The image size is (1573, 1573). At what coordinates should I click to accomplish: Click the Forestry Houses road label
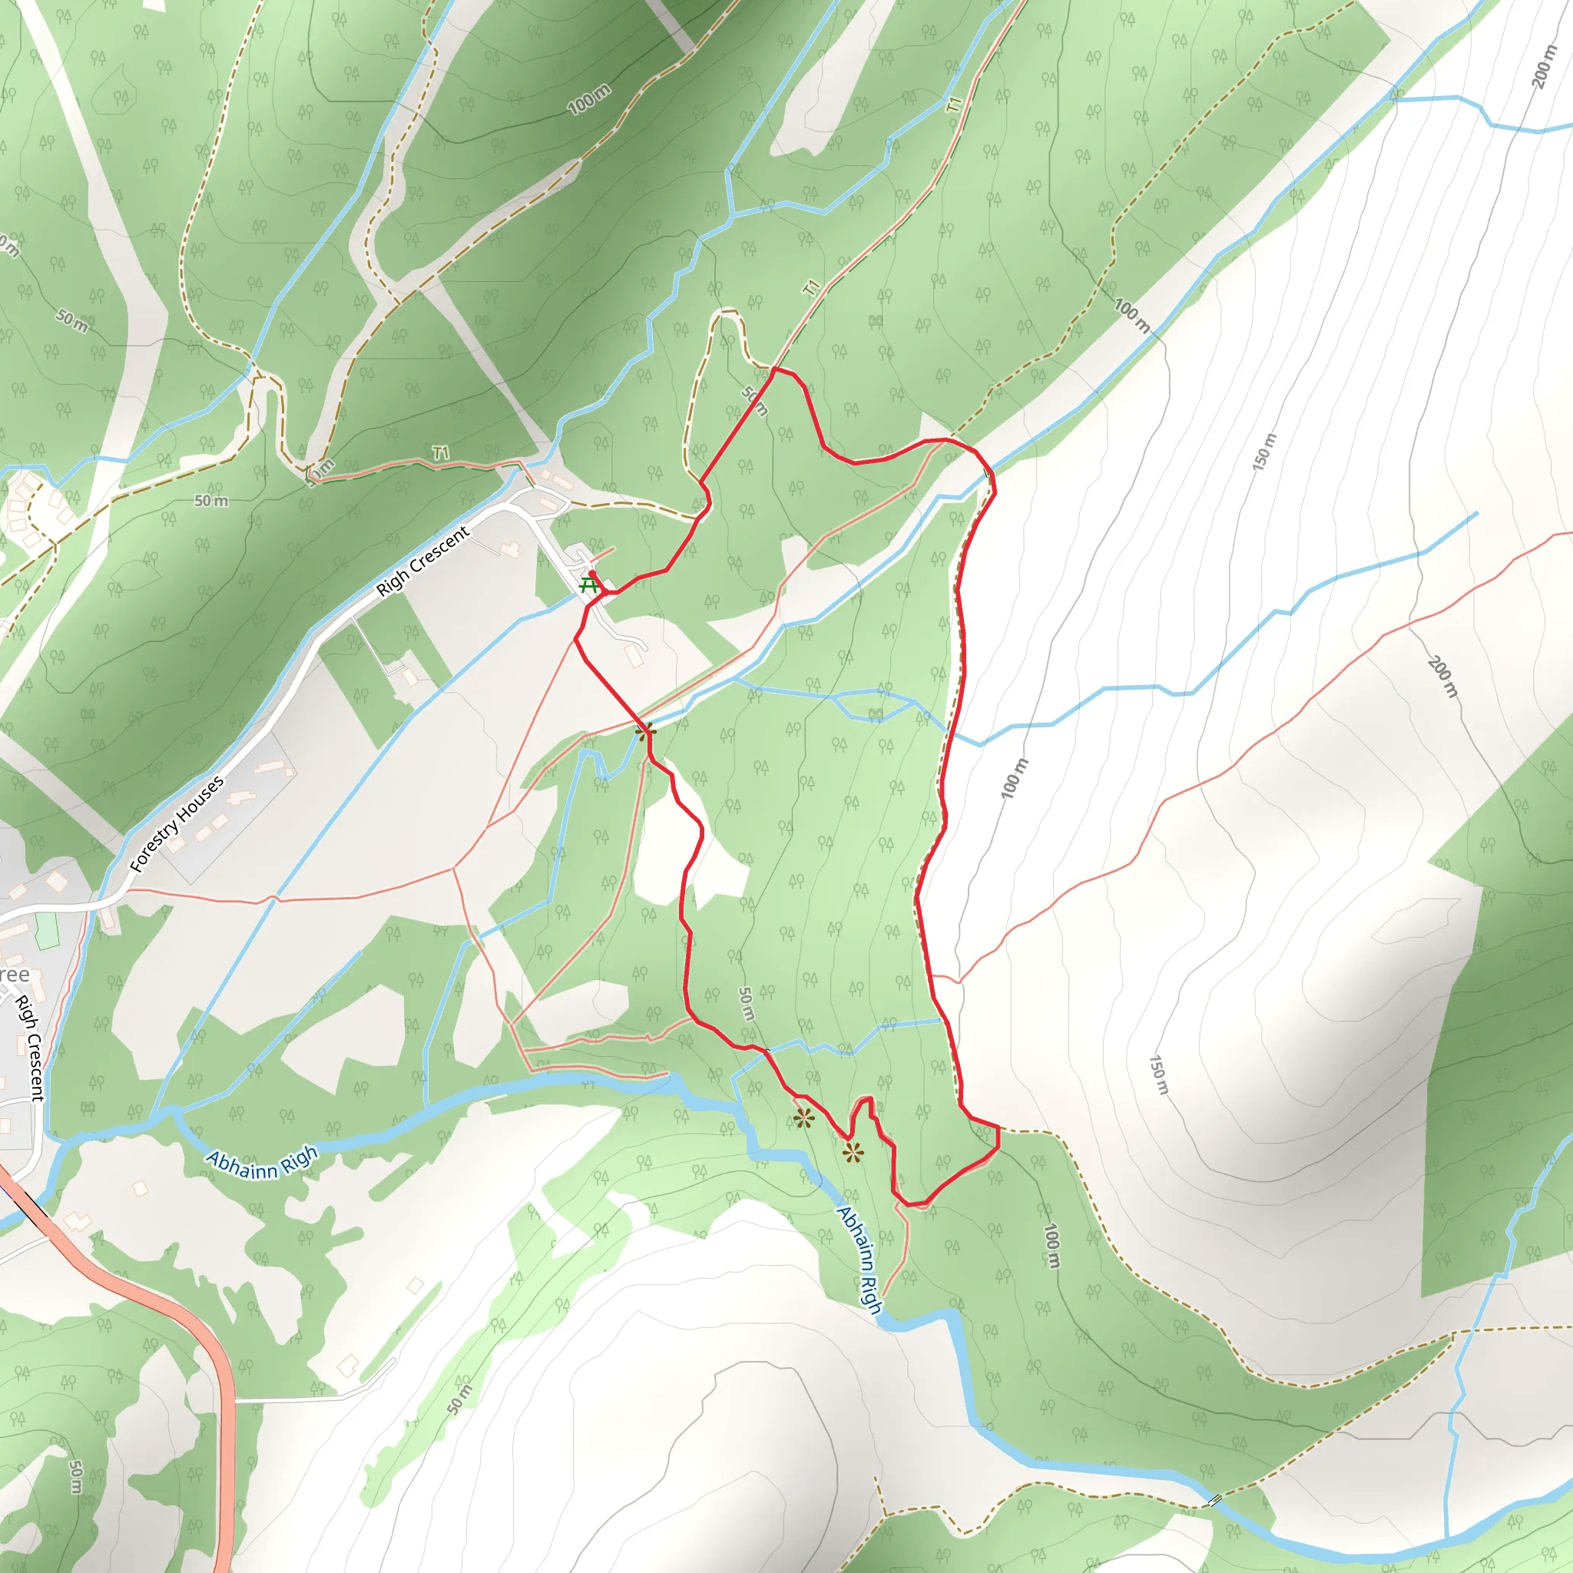177,823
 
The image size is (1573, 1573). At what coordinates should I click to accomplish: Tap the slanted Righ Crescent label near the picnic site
422,561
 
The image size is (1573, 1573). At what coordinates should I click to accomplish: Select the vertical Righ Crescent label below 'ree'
30,1048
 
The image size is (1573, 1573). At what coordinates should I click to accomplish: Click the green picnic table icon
588,584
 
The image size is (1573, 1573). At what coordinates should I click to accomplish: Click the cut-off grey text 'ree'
14,975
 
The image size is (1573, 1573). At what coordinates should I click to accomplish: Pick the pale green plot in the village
47,931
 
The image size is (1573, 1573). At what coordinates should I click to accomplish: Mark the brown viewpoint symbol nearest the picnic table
646,731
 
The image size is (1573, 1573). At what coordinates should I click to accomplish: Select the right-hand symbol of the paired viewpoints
853,1152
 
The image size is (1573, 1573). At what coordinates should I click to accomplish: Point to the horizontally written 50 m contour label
211,501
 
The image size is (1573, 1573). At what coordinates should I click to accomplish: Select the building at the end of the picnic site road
634,655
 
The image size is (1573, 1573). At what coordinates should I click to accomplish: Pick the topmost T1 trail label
954,104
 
